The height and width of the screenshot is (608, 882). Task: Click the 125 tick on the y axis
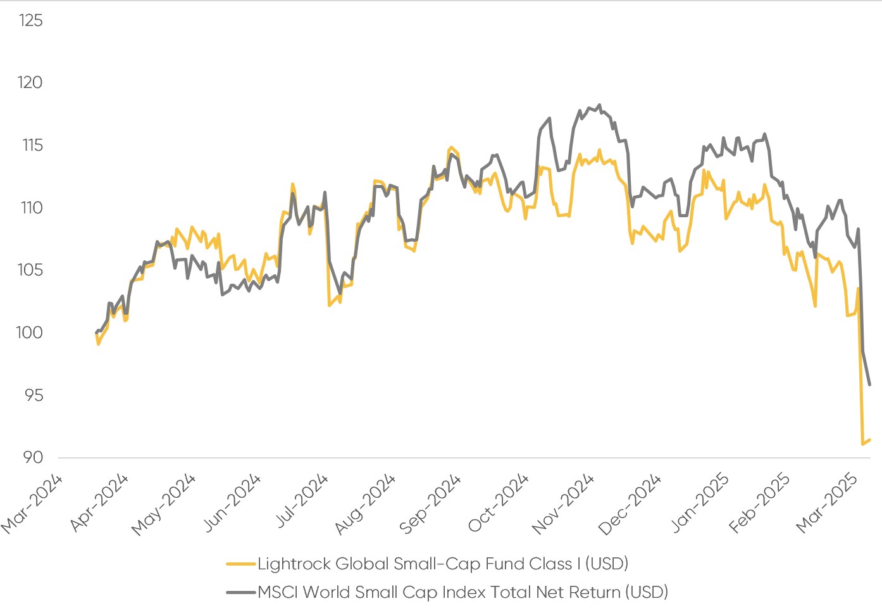[x=30, y=21]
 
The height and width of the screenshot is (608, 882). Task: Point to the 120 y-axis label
[x=30, y=83]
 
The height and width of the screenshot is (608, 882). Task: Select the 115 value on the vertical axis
[x=32, y=145]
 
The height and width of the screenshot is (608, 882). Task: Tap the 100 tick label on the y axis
[x=29, y=332]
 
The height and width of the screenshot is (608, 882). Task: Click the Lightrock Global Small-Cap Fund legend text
[x=443, y=564]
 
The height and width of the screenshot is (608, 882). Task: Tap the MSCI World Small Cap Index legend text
[x=463, y=593]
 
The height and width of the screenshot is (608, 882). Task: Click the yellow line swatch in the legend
[x=241, y=564]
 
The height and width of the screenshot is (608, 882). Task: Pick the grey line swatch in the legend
[x=241, y=593]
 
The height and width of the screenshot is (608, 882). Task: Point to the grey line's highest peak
[x=599, y=105]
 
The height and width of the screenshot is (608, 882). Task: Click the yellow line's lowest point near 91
[x=862, y=444]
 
